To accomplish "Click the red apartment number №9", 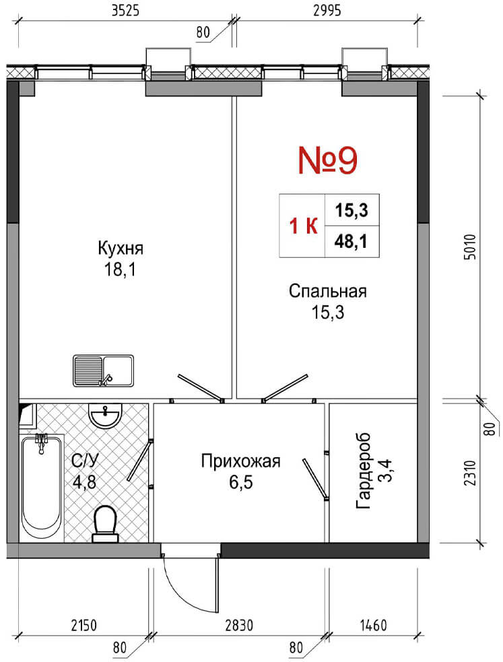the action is (328, 160).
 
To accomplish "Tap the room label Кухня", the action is (121, 249).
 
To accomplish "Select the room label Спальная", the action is (328, 292).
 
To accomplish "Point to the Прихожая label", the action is (240, 461).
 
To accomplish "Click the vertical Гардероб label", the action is (364, 470).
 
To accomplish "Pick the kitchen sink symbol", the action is (104, 370).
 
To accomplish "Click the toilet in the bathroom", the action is (104, 524).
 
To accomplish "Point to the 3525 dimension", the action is (125, 11).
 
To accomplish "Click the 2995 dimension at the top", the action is (327, 11).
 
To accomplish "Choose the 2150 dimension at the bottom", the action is (84, 625).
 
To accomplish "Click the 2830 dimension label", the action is (239, 625).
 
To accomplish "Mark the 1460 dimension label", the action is (374, 625).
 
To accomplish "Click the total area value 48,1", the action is (351, 242).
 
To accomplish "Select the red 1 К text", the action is (303, 227).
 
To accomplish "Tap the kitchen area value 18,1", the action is (121, 269).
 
